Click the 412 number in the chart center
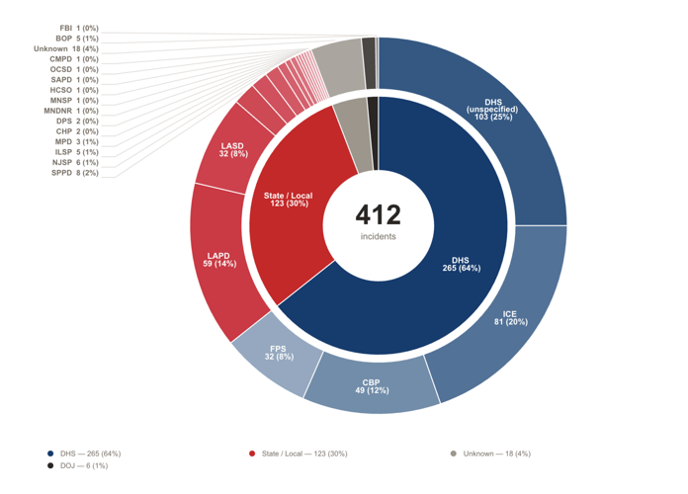pyautogui.click(x=379, y=214)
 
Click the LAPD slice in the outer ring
pyautogui.click(x=219, y=260)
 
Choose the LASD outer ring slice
pyautogui.click(x=232, y=149)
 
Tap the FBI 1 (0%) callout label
pyautogui.click(x=79, y=28)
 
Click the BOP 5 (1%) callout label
pyautogui.click(x=77, y=39)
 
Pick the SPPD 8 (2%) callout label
pyautogui.click(x=74, y=173)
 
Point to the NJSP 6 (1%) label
pyautogui.click(x=75, y=162)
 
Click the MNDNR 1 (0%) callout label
pyautogui.click(x=71, y=111)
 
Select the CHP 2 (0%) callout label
pyautogui.click(x=77, y=131)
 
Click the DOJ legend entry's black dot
pyautogui.click(x=50, y=465)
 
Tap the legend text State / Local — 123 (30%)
pyautogui.click(x=304, y=453)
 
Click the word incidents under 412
pyautogui.click(x=379, y=236)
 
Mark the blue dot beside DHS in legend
pyautogui.click(x=50, y=453)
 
